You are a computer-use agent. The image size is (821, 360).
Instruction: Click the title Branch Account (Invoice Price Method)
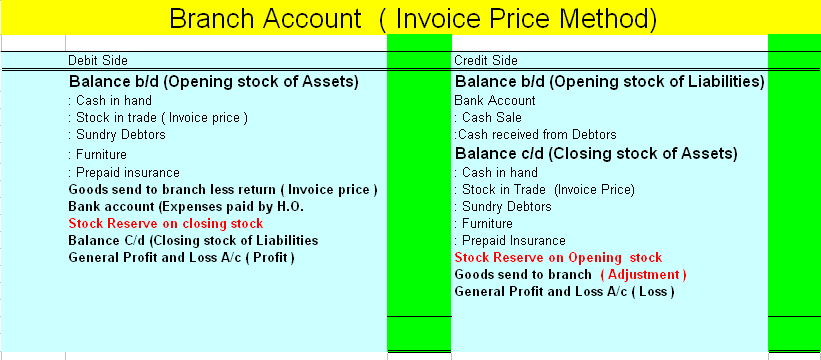(412, 18)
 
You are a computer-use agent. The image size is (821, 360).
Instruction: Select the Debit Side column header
(98, 61)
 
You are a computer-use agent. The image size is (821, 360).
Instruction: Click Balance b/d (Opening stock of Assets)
(213, 82)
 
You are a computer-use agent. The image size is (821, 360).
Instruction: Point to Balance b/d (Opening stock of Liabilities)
(609, 82)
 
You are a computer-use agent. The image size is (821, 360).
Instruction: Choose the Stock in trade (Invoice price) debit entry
(157, 117)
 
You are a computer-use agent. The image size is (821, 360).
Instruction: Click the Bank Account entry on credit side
(494, 100)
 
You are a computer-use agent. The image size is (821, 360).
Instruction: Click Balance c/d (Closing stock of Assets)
(596, 154)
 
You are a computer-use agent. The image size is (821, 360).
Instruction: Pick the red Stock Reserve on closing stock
(165, 223)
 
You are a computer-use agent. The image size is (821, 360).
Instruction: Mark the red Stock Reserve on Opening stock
(558, 257)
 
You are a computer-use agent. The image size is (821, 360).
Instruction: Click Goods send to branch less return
(222, 189)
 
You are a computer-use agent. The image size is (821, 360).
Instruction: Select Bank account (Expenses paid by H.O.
(185, 206)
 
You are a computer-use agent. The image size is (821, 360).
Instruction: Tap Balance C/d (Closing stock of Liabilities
(193, 240)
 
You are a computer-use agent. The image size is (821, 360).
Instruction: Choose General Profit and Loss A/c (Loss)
(564, 291)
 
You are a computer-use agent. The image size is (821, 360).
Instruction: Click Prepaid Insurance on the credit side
(511, 240)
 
